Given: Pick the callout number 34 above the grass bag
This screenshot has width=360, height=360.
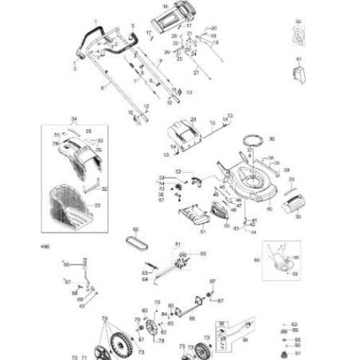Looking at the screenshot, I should point(74,119).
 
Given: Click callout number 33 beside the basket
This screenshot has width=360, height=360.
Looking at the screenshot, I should point(98,205).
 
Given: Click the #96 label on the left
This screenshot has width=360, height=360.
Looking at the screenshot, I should point(44,248).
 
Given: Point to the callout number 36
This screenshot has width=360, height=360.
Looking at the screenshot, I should point(272,138).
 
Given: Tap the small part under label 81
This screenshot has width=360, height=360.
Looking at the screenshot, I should point(299,74).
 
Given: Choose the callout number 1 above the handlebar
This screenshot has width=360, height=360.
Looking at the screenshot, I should point(95,21).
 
